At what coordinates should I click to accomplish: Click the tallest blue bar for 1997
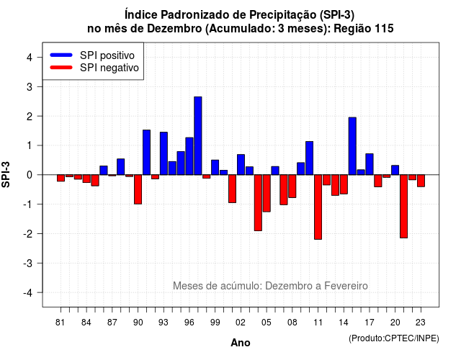[x=198, y=136]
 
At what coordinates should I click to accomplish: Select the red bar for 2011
[x=318, y=207]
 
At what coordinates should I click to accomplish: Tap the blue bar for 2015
[x=352, y=146]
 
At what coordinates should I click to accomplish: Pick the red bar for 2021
[x=403, y=207]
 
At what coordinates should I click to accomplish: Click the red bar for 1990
[x=138, y=189]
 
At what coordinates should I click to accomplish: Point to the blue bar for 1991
[x=146, y=152]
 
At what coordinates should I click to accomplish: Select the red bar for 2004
[x=258, y=203]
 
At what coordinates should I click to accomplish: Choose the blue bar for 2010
[x=309, y=158]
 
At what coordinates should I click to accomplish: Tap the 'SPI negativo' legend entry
[x=94, y=68]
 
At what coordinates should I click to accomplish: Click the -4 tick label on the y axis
[x=28, y=293]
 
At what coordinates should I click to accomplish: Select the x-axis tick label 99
[x=215, y=323]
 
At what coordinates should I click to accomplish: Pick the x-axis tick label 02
[x=241, y=323]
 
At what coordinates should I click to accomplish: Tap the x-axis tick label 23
[x=421, y=323]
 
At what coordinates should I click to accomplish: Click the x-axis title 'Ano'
[x=241, y=343]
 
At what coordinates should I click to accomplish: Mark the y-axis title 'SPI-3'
[x=6, y=174]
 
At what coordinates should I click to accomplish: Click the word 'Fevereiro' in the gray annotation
[x=346, y=286]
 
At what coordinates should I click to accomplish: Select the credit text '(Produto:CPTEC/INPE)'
[x=394, y=338]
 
